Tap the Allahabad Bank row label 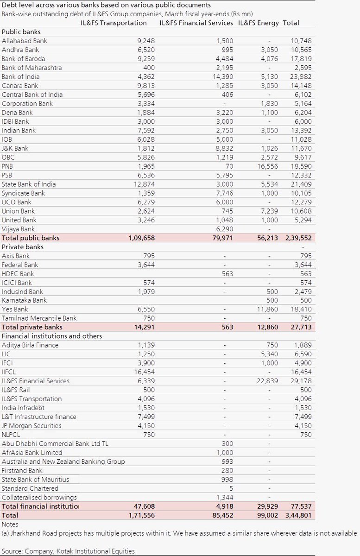pos(25,41)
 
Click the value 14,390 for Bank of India pos(222,76)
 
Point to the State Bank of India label pos(28,184)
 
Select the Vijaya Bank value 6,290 pos(224,229)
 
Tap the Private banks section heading pos(22,247)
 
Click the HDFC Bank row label pos(18,273)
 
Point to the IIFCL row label pos(11,372)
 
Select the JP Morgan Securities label pos(32,425)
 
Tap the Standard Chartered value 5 pos(231,488)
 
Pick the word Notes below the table pos(10,524)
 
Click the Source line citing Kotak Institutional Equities pos(68,551)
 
